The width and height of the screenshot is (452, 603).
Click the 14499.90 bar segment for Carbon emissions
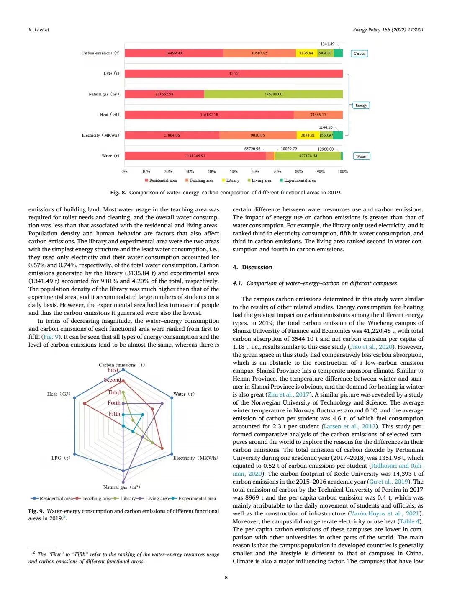click(174, 53)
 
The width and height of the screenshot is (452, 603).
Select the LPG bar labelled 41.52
click(234, 74)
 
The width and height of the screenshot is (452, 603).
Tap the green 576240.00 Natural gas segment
click(273, 94)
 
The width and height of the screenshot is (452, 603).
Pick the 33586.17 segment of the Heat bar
click(318, 115)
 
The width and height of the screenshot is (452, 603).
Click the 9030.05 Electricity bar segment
click(258, 135)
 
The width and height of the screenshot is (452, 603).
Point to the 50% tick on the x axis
click(234, 171)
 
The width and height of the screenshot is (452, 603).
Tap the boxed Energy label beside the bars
click(361, 105)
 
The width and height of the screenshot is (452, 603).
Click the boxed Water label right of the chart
click(361, 156)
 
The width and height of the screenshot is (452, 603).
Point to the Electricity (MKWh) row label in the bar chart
click(100, 135)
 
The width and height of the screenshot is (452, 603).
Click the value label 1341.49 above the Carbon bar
click(327, 44)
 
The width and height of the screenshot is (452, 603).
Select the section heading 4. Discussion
click(252, 267)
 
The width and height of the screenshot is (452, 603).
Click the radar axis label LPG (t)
click(61, 458)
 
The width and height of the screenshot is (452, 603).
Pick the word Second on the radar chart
click(113, 380)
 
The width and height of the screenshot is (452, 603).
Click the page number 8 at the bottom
click(226, 577)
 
